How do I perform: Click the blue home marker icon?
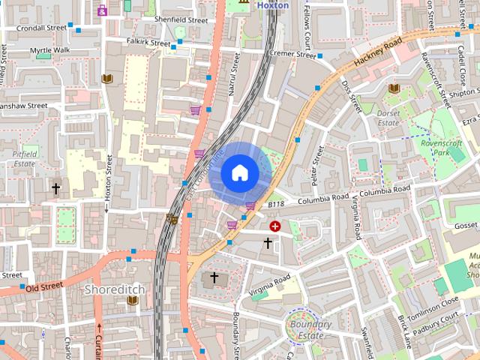(x=239, y=172)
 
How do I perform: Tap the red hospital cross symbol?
(x=275, y=225)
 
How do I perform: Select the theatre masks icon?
(x=172, y=219)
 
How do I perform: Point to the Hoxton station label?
(x=272, y=4)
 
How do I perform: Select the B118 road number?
(x=276, y=203)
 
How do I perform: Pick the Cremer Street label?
(x=292, y=55)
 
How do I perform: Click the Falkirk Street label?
(x=148, y=43)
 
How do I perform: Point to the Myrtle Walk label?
(x=49, y=50)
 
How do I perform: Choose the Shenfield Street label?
(x=180, y=19)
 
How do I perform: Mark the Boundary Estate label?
(x=306, y=331)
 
